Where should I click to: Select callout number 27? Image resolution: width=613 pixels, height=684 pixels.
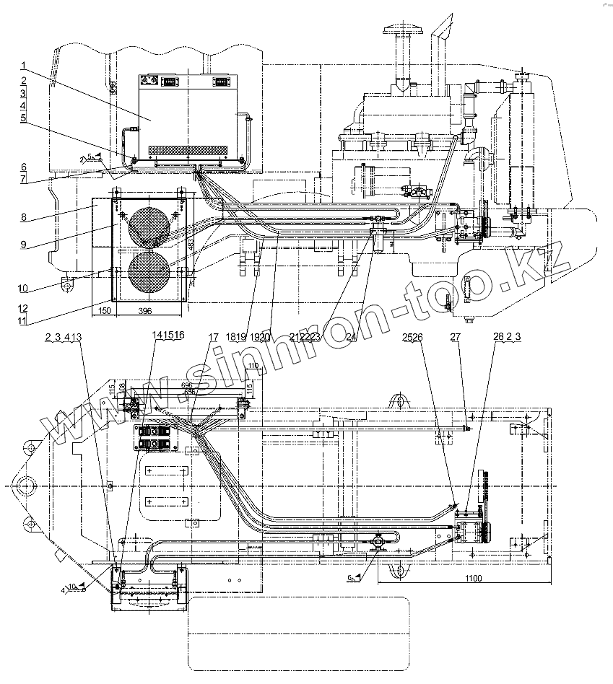[456, 336]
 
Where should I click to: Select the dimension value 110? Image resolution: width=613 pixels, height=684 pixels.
[251, 367]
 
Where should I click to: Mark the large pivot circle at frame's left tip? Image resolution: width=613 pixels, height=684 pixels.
[30, 484]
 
